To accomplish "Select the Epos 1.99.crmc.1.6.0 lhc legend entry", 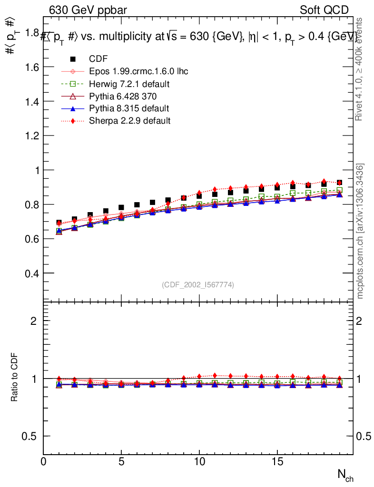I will click(x=138, y=71).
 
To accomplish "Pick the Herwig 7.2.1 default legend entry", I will click(x=129, y=84).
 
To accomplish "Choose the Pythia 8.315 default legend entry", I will click(x=129, y=108).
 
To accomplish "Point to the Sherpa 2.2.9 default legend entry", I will click(x=129, y=121).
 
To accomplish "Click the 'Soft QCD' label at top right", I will click(x=324, y=10).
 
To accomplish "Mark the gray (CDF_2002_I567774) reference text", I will click(x=198, y=285).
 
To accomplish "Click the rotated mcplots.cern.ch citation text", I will click(x=361, y=231).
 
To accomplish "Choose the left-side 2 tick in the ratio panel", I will click(x=33, y=321).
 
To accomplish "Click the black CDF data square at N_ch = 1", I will click(x=59, y=223).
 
